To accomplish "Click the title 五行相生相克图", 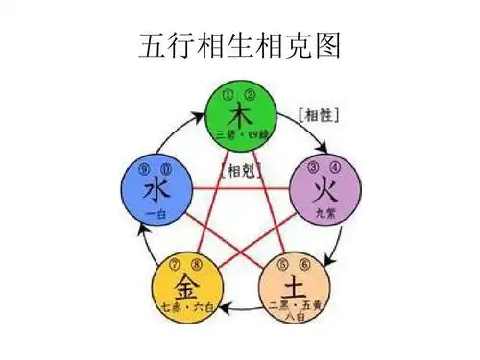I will pos(240,44).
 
